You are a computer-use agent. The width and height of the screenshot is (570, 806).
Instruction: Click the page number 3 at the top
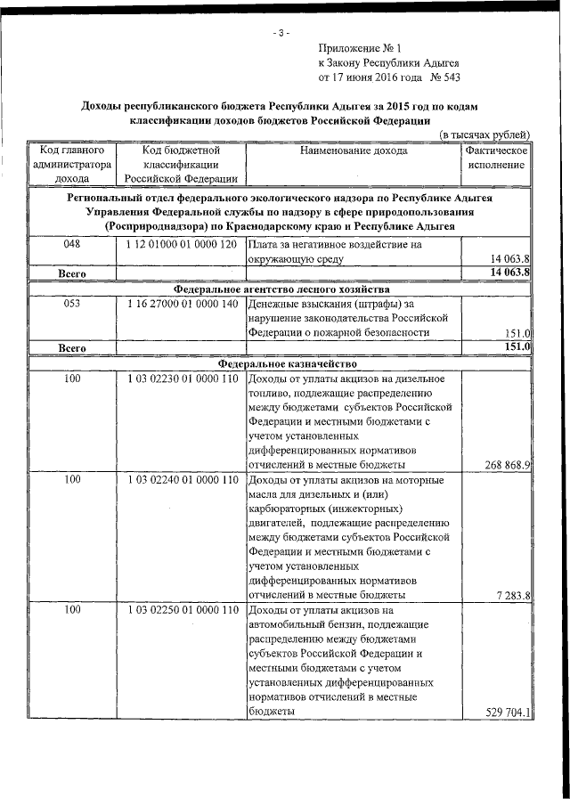pyautogui.click(x=281, y=34)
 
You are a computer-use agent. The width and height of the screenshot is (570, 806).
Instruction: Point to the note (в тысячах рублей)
pyautogui.click(x=486, y=134)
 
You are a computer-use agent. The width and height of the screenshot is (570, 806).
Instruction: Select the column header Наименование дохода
pyautogui.click(x=354, y=151)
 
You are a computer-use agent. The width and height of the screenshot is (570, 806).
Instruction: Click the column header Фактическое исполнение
pyautogui.click(x=496, y=158)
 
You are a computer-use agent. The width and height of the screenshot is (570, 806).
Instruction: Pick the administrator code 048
pyautogui.click(x=71, y=244)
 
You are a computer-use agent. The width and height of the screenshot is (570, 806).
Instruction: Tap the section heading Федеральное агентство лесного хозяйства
pyautogui.click(x=281, y=289)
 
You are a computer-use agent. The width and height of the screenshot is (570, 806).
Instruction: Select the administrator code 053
pyautogui.click(x=71, y=305)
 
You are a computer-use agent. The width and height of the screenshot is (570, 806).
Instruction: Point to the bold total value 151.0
pyautogui.click(x=517, y=347)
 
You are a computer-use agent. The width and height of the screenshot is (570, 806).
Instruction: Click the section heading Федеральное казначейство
pyautogui.click(x=281, y=364)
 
